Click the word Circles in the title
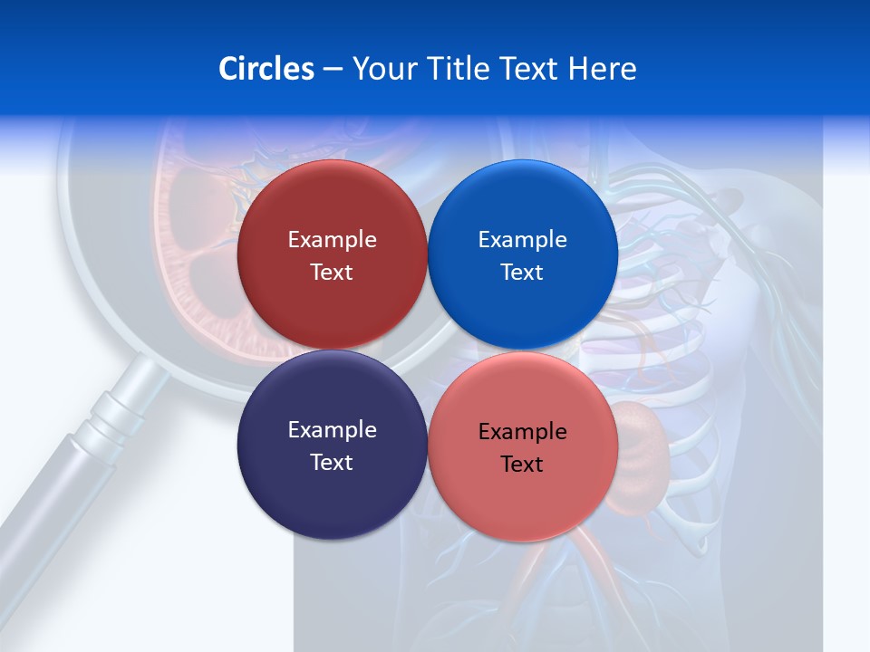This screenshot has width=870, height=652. click(x=266, y=69)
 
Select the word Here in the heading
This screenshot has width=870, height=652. click(x=603, y=69)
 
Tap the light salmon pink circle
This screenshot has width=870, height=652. click(x=522, y=498)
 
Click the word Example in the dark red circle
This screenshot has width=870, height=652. click(x=332, y=240)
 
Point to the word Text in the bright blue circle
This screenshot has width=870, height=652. click(x=522, y=273)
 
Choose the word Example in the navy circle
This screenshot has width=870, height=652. click(x=332, y=430)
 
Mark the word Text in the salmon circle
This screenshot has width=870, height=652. click(x=522, y=465)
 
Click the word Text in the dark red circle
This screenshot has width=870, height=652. click(x=332, y=273)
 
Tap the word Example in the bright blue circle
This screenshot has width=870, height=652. click(x=522, y=240)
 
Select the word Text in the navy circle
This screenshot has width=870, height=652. click(x=332, y=463)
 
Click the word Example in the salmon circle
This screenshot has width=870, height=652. click(x=522, y=432)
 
